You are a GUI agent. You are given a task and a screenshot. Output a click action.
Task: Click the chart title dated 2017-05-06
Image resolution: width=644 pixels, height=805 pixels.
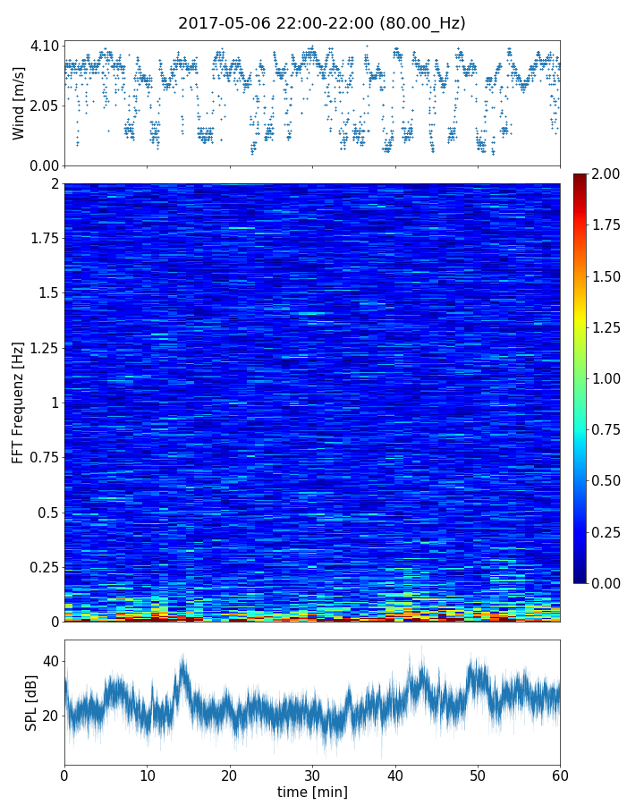click(x=322, y=23)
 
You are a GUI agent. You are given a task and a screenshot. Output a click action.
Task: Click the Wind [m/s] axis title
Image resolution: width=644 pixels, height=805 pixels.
click(x=19, y=103)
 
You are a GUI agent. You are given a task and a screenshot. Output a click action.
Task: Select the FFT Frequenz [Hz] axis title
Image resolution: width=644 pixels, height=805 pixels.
click(x=19, y=402)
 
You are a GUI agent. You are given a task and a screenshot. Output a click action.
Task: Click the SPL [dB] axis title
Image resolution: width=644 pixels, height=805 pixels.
click(x=31, y=701)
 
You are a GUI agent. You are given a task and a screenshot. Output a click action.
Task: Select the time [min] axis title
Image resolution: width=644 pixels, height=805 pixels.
click(x=312, y=792)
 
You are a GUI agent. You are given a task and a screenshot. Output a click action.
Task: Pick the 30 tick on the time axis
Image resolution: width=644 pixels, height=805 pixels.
click(x=312, y=774)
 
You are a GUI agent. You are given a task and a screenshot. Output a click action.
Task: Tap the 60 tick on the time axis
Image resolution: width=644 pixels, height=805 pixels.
click(x=560, y=774)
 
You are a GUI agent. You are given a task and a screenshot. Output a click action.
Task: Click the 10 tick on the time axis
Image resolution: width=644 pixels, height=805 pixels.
click(x=147, y=774)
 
